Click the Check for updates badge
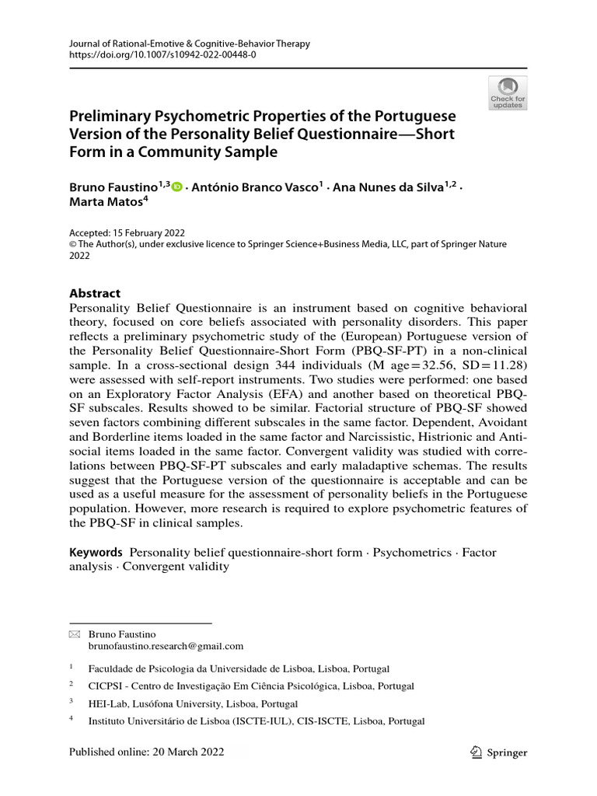click(x=508, y=93)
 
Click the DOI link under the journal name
click(x=162, y=56)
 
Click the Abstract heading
click(x=95, y=293)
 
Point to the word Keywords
click(x=96, y=552)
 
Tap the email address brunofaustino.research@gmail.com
click(x=166, y=646)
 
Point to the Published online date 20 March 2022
click(x=146, y=752)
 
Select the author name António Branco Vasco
click(x=252, y=187)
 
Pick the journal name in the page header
click(x=190, y=44)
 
